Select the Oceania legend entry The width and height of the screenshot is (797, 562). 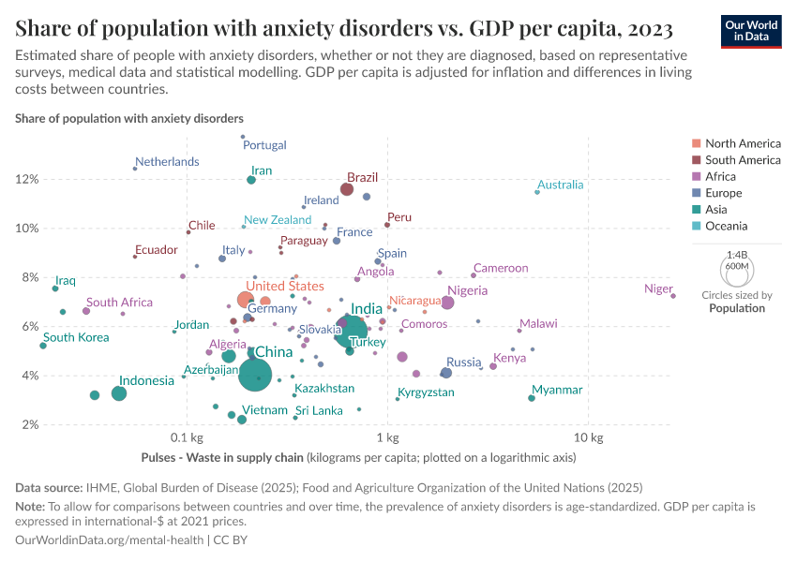tap(724, 226)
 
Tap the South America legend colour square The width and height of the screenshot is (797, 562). tap(696, 160)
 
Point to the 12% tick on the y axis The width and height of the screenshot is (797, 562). tap(26, 179)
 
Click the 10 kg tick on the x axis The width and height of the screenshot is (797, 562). tap(587, 437)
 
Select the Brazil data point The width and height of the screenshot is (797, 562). tap(347, 189)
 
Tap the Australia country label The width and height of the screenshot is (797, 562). tap(561, 185)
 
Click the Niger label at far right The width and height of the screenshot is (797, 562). tap(658, 288)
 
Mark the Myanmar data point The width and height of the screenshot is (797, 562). tap(532, 398)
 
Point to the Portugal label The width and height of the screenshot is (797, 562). tap(264, 145)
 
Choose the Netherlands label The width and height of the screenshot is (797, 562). tap(168, 161)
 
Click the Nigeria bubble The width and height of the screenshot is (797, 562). tap(447, 303)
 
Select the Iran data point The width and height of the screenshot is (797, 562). tap(251, 180)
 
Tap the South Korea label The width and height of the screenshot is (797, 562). tap(76, 337)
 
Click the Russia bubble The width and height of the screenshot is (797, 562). tap(446, 373)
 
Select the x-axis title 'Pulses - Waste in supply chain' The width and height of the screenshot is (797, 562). tap(222, 458)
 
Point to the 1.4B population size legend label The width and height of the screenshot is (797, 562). tap(735, 254)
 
